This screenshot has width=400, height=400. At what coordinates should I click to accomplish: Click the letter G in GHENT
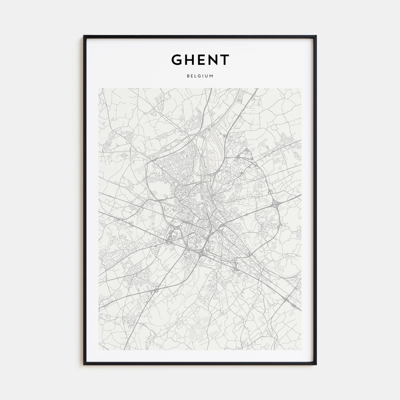177,59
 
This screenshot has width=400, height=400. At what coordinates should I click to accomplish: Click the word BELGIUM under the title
200,76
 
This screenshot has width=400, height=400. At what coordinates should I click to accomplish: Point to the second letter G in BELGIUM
200,76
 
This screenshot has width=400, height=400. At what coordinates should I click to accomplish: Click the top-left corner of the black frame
84,36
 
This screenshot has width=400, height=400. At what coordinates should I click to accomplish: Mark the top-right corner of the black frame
316,36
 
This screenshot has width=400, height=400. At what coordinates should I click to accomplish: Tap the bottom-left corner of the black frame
84,365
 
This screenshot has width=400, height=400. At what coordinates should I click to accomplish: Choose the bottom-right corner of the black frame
316,365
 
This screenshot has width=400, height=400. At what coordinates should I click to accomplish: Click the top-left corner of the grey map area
99,88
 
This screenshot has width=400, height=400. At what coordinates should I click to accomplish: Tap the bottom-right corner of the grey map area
301,350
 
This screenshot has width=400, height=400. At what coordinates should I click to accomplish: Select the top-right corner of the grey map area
301,88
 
